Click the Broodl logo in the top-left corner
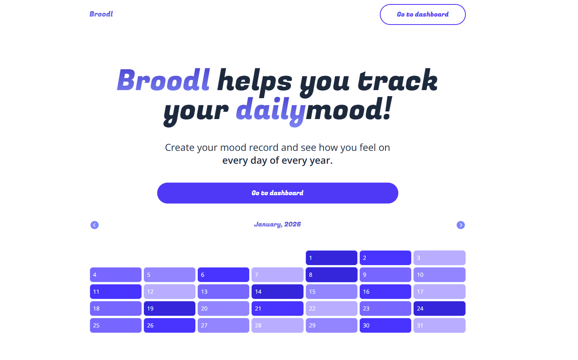[x=101, y=14]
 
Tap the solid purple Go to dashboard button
[x=277, y=193]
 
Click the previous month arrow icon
[x=94, y=225]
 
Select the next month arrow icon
[x=461, y=225]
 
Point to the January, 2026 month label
[x=277, y=224]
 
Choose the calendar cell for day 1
[x=331, y=258]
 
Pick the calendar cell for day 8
[x=331, y=275]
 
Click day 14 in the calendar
[x=277, y=292]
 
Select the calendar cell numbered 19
[x=169, y=309]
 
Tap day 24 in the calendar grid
[x=439, y=309]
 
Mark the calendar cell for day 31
[x=439, y=325]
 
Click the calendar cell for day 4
[x=115, y=275]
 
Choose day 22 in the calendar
[x=331, y=309]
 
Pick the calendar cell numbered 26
[x=169, y=325]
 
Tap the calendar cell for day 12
[x=169, y=292]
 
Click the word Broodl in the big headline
[x=163, y=80]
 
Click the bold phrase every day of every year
[x=277, y=160]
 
